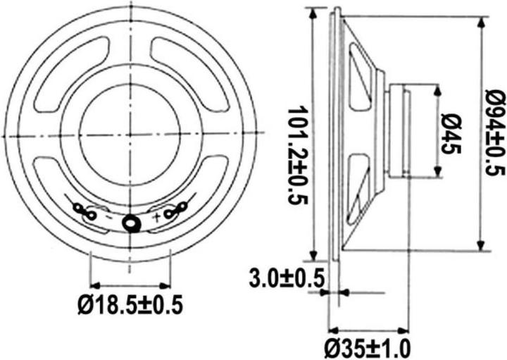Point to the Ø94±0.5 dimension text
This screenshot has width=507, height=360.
coord(496,134)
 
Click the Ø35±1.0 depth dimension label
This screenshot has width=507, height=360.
coord(367,347)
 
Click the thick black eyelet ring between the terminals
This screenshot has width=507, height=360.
coord(131,223)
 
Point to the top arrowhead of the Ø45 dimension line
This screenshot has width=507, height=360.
coord(437,89)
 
